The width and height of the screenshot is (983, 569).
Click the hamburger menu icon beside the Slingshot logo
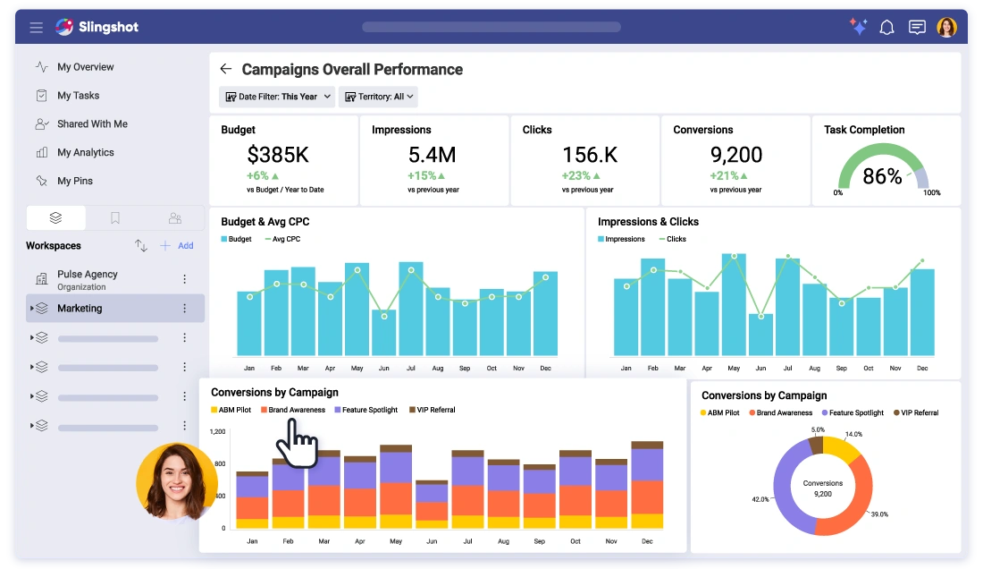[37, 28]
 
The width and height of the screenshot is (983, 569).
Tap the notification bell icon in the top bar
[886, 28]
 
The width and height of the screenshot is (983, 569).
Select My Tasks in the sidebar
[78, 96]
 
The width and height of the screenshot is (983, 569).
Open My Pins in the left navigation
[74, 181]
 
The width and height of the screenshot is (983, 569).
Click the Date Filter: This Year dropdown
[277, 97]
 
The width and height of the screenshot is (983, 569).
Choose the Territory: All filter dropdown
[378, 97]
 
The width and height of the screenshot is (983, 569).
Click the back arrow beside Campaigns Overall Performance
[226, 70]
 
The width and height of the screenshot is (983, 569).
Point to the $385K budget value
[278, 155]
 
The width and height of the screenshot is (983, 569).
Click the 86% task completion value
[881, 176]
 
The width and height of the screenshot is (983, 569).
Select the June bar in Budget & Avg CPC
[384, 333]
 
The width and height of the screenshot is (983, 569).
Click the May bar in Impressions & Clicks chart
[734, 304]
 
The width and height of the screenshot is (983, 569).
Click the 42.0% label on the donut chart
[760, 499]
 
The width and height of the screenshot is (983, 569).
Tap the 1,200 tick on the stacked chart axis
[217, 431]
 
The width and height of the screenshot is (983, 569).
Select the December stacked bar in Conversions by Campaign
[647, 485]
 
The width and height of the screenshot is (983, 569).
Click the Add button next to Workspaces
[177, 246]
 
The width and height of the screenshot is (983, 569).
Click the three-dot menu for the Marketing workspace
[185, 309]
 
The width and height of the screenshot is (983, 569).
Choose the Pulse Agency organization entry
[87, 279]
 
